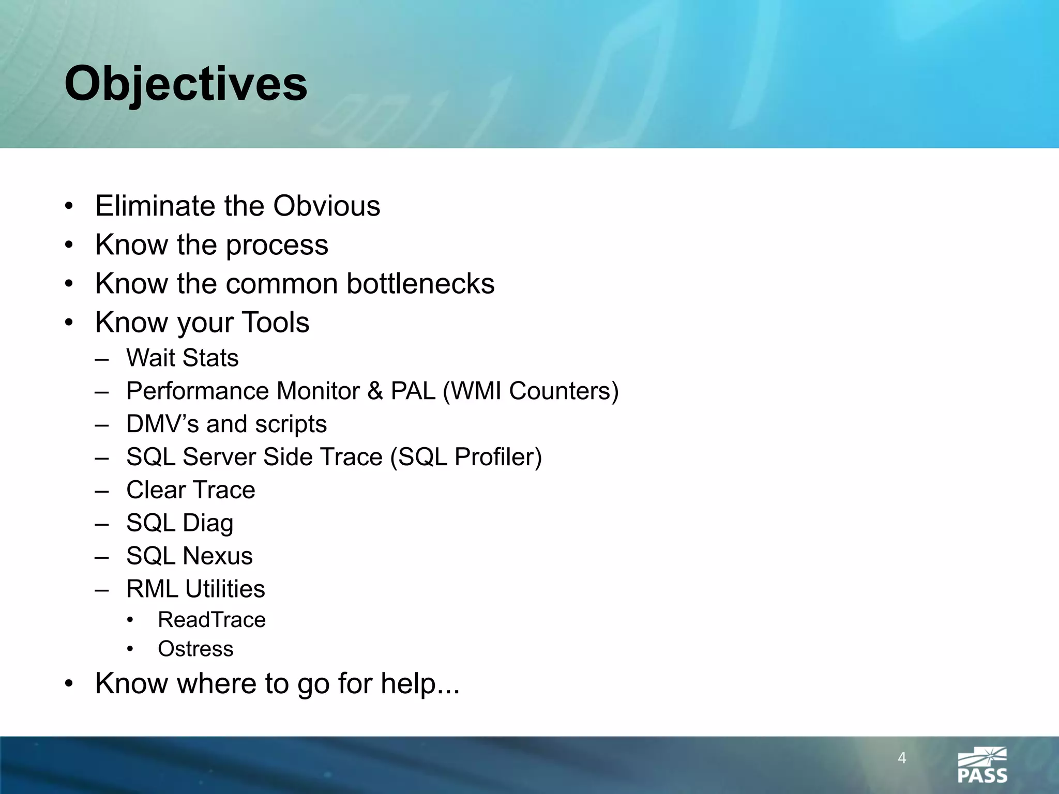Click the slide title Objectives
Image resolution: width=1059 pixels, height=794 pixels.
click(186, 84)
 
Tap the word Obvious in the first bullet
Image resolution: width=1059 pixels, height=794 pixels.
click(326, 206)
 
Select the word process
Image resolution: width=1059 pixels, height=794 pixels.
click(277, 245)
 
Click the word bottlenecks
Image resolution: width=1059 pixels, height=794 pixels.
click(420, 283)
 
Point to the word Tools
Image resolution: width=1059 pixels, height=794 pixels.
click(276, 322)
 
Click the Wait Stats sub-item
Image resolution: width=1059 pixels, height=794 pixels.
click(183, 358)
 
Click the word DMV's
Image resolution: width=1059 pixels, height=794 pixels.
click(162, 424)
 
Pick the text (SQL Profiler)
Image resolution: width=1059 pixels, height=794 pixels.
click(466, 457)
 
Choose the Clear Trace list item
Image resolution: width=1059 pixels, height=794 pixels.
click(191, 490)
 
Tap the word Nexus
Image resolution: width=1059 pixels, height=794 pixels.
click(218, 556)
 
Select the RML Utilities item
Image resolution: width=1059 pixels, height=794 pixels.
click(195, 589)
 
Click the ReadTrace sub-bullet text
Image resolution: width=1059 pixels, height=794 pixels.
click(211, 620)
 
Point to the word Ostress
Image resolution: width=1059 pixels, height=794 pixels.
click(195, 649)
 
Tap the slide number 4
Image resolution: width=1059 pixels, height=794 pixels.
click(902, 758)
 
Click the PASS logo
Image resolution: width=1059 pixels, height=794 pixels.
click(982, 765)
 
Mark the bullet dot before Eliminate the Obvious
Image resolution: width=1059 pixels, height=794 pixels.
click(69, 207)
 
